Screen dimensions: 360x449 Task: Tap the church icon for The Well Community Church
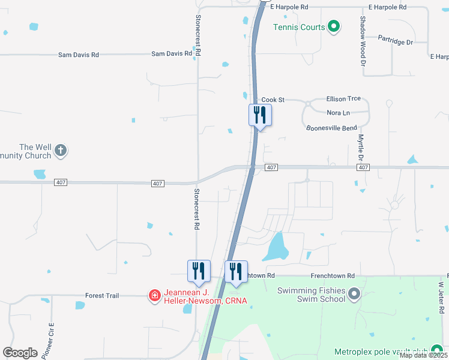(x=61, y=151)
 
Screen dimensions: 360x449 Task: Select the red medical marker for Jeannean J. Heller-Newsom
(x=154, y=295)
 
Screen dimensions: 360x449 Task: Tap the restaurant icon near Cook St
(x=260, y=114)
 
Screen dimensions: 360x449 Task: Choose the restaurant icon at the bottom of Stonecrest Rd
(x=199, y=271)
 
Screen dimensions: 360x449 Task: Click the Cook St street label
(x=273, y=100)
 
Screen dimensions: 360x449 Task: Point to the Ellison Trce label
(x=343, y=98)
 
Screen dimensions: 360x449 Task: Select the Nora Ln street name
(x=338, y=113)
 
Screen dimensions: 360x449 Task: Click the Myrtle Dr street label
(x=361, y=147)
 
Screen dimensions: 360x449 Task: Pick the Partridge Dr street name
(x=396, y=41)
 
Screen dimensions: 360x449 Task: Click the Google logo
(x=20, y=353)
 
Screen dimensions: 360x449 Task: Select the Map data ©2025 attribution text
(x=423, y=355)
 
